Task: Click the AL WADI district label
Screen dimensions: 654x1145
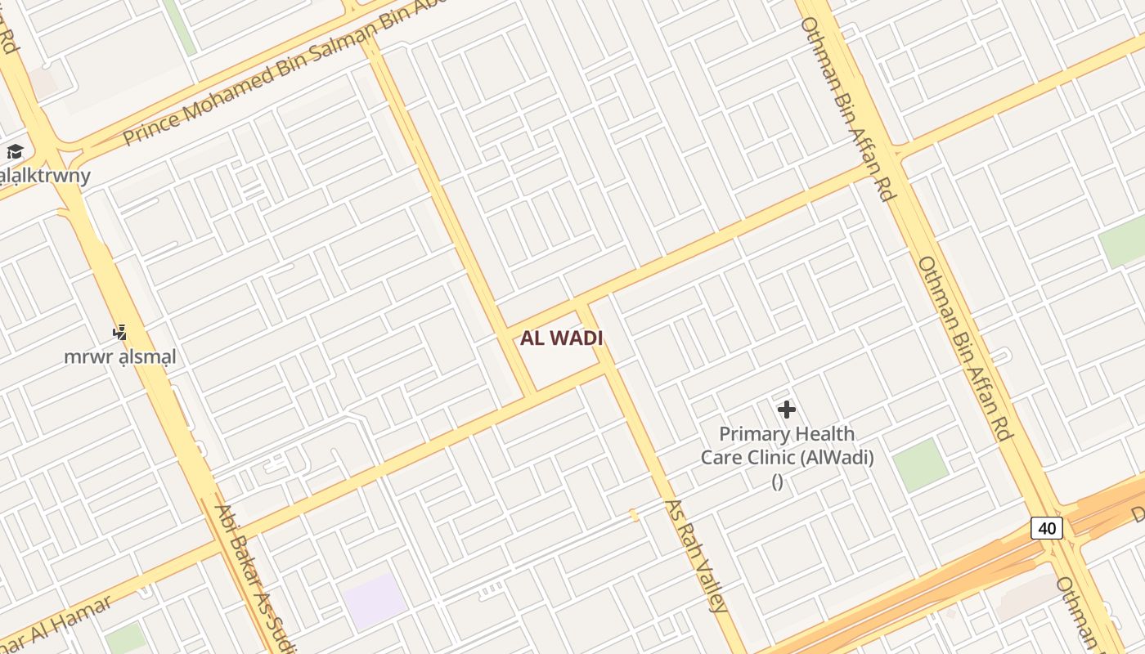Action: pyautogui.click(x=562, y=338)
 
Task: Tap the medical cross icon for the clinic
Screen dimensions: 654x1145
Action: pyautogui.click(x=787, y=409)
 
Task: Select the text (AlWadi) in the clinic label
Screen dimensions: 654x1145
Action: pyautogui.click(x=837, y=458)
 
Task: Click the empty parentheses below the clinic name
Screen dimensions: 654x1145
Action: pyautogui.click(x=778, y=482)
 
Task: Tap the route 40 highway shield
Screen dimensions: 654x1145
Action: pyautogui.click(x=1047, y=528)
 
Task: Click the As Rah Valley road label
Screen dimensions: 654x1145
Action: pyautogui.click(x=695, y=556)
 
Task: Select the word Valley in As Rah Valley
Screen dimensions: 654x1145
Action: pyautogui.click(x=709, y=584)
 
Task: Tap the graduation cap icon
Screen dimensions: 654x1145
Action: pyautogui.click(x=15, y=151)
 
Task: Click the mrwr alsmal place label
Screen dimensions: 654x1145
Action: pyautogui.click(x=120, y=357)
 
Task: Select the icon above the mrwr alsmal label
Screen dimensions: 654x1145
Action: pyautogui.click(x=120, y=332)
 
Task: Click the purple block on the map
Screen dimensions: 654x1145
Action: pyautogui.click(x=375, y=601)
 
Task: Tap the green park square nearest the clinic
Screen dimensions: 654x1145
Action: pyautogui.click(x=920, y=465)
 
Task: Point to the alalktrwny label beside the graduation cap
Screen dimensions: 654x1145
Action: pyautogui.click(x=45, y=175)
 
